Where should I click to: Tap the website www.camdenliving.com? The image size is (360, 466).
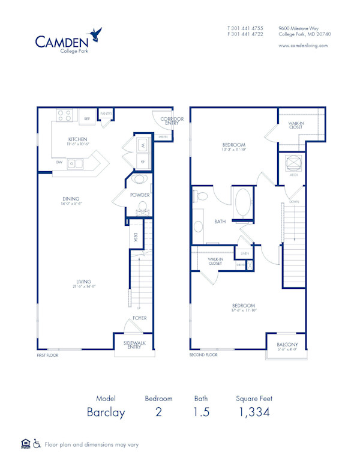coord(303,46)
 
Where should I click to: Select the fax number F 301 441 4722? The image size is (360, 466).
coord(245,34)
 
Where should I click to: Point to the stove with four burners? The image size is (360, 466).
coord(65,114)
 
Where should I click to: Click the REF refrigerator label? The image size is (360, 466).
coord(87,119)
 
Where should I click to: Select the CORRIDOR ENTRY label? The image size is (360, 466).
coord(172,121)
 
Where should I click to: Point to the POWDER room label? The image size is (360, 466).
coord(139,195)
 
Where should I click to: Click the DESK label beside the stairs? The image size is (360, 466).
coord(136,237)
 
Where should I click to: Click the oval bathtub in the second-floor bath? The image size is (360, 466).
coord(244,203)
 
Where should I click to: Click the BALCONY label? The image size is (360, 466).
coord(287,345)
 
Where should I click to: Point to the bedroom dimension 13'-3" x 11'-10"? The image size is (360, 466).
coord(233,150)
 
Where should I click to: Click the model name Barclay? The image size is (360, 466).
coord(106,412)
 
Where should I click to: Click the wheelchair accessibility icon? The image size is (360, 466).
coord(37,444)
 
